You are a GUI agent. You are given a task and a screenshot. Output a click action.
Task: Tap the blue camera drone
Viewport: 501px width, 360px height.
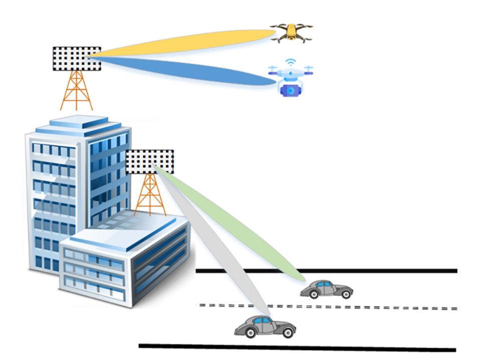290,79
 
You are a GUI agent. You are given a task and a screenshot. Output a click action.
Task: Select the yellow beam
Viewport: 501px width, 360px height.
190,43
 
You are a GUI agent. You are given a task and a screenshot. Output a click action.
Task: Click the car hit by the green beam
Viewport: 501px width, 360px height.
326,289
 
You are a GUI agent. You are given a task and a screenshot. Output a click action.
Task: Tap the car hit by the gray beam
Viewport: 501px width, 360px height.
265,326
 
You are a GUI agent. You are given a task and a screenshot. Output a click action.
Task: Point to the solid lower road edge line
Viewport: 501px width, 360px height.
301,347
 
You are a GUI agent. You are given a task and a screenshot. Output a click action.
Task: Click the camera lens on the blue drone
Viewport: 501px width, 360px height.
290,90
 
